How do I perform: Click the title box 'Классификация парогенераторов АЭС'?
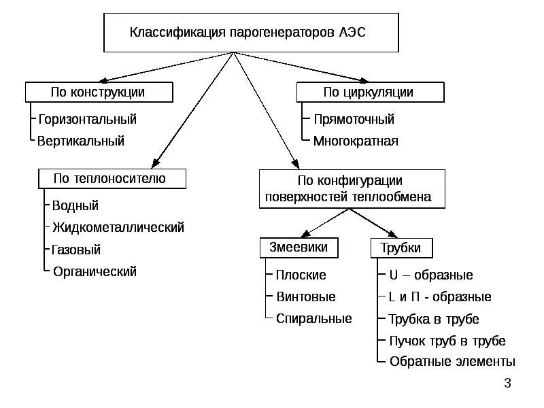250,33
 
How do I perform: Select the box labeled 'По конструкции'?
99,92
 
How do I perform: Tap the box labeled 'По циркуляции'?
371,92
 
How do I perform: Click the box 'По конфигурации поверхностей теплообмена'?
352,189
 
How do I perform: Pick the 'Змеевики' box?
298,248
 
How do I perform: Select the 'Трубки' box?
402,248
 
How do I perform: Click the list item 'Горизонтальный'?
88,120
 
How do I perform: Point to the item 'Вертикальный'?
82,141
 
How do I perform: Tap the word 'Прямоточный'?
354,120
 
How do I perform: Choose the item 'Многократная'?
356,141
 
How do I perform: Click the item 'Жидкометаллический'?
118,227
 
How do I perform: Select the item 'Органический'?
95,271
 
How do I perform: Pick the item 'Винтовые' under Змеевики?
306,297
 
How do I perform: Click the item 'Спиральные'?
314,318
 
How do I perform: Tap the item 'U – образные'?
430,275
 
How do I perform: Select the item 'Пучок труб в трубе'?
447,341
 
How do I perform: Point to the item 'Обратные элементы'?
452,362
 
